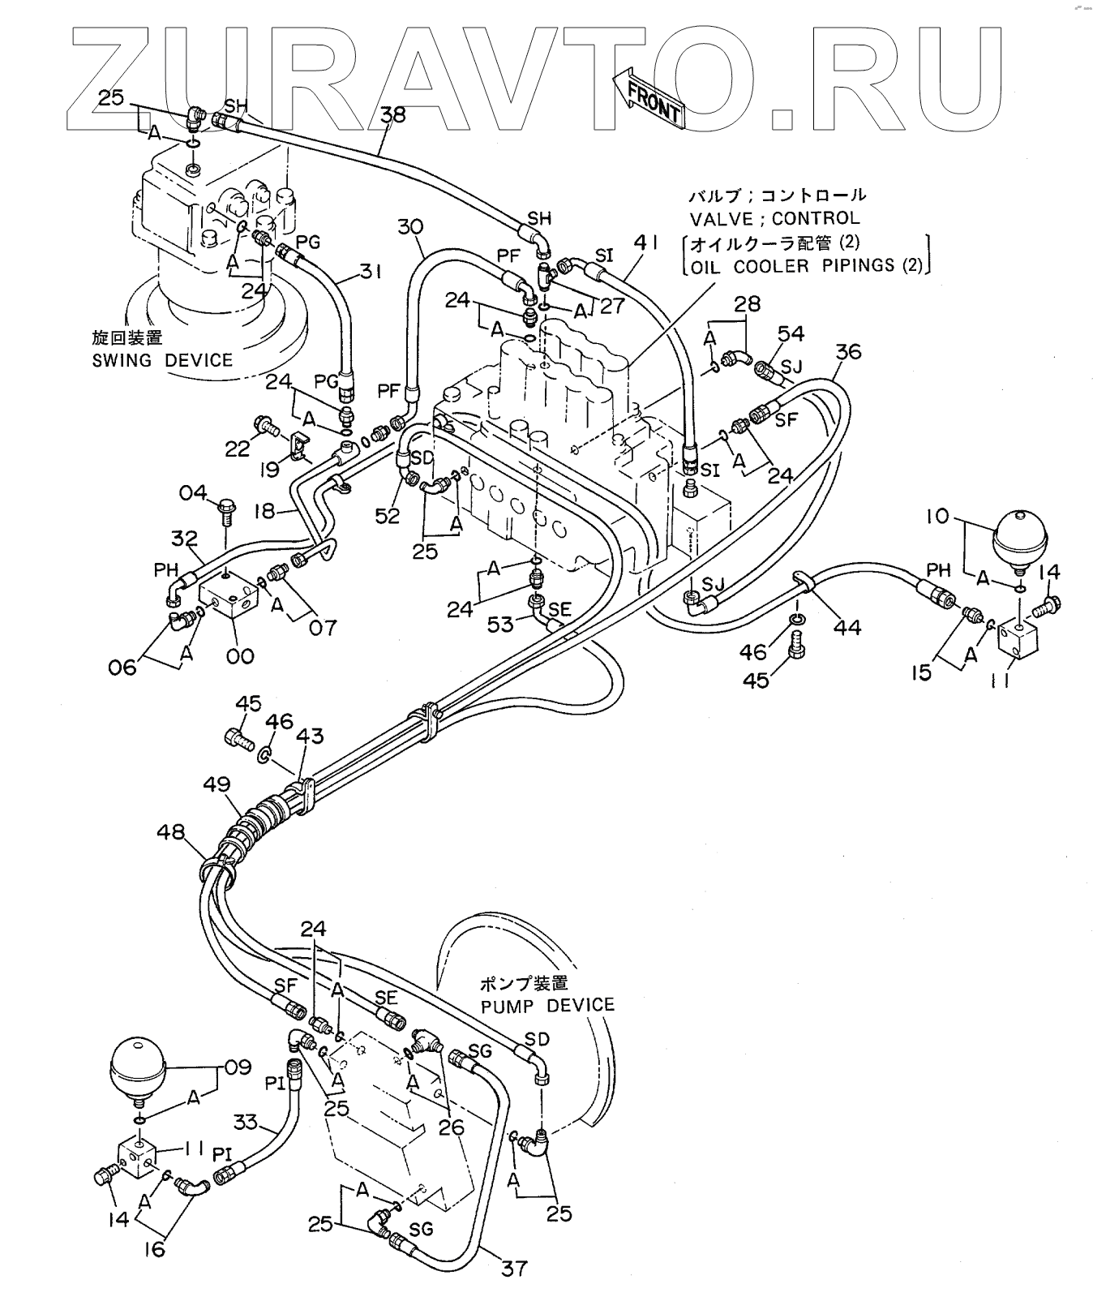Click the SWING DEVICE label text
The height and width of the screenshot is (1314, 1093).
[162, 360]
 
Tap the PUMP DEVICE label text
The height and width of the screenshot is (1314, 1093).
[547, 1006]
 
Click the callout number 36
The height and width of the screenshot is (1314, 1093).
[848, 351]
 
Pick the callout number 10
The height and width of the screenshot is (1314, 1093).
[940, 515]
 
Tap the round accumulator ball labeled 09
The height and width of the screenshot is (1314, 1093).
[137, 1066]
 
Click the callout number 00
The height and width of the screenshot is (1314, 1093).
[240, 655]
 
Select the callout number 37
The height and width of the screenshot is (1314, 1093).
[514, 1266]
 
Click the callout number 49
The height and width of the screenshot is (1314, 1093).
[217, 784]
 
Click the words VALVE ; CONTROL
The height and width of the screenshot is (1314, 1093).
[774, 218]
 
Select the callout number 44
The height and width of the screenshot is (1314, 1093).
[847, 626]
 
